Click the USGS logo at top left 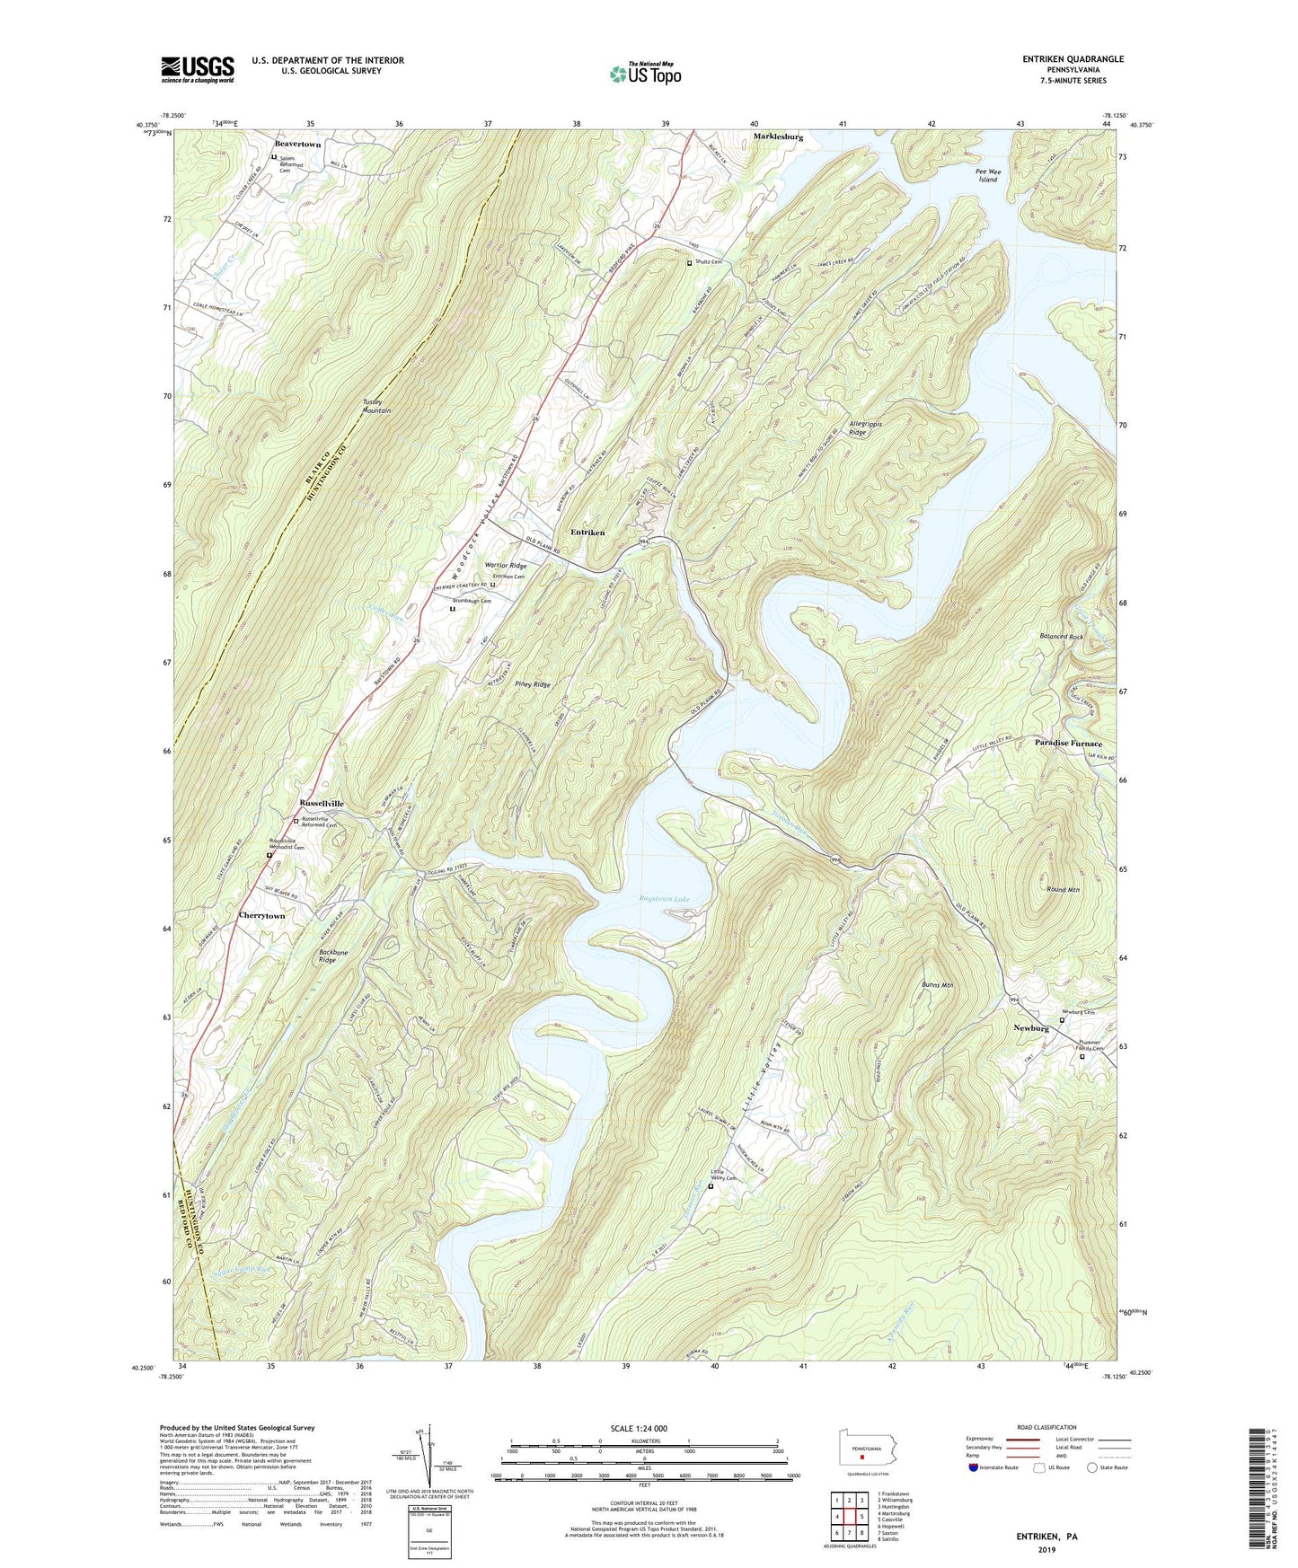click(x=198, y=69)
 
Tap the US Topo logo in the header click(x=644, y=74)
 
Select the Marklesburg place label click(x=778, y=137)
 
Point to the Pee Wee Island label click(x=987, y=175)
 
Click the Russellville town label click(x=321, y=803)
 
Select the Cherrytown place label click(x=261, y=915)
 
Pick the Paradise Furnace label click(x=1068, y=744)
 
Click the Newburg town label click(x=1031, y=1027)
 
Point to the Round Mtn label click(x=1063, y=889)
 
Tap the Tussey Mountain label click(x=377, y=406)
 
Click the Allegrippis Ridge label click(x=858, y=427)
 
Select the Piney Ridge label click(x=533, y=684)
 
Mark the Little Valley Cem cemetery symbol click(x=711, y=1186)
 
